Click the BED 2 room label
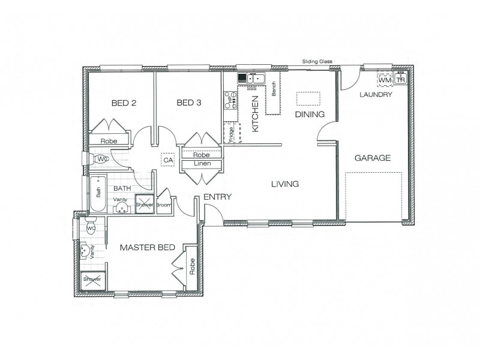click(x=124, y=103)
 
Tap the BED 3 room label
click(x=188, y=103)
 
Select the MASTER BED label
click(x=147, y=247)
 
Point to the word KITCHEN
click(x=255, y=117)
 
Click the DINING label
click(x=310, y=114)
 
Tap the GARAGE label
click(x=372, y=158)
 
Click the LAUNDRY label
click(x=376, y=95)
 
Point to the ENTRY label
click(x=218, y=197)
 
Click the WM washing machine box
click(x=385, y=80)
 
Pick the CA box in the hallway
click(x=167, y=160)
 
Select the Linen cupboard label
click(x=200, y=164)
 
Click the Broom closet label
click(x=164, y=205)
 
